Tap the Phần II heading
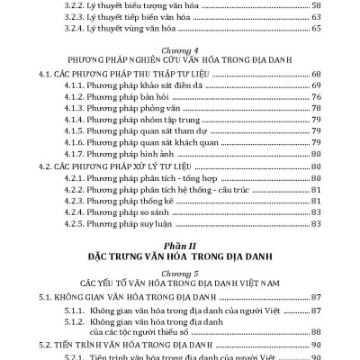(180, 243)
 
